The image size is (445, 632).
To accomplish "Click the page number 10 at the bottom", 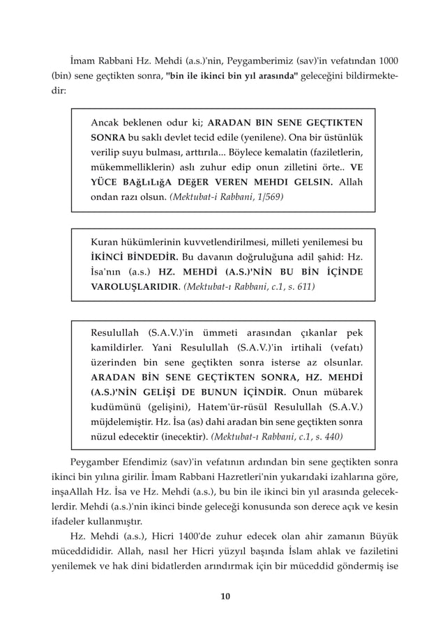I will pos(224,596).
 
